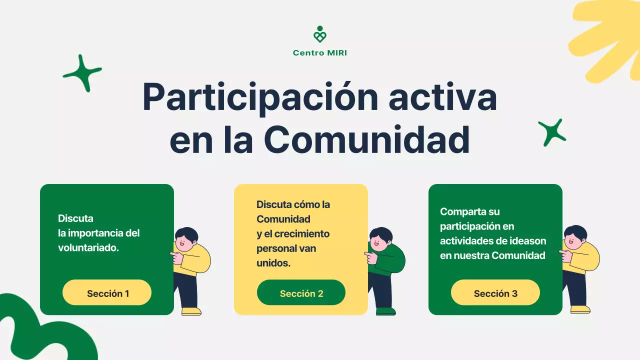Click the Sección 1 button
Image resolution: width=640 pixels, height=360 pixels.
tap(107, 293)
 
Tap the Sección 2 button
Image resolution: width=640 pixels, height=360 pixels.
tap(301, 293)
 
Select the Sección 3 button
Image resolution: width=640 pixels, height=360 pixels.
tap(495, 293)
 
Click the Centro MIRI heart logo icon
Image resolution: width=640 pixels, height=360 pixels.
tap(320, 35)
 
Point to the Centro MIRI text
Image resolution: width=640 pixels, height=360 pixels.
tap(320, 53)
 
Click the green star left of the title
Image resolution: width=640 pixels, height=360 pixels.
tap(82, 73)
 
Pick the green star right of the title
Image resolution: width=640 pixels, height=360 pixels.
tap(552, 132)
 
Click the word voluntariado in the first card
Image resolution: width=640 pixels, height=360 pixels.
tap(87, 247)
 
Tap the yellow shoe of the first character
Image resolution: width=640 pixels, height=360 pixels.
tap(191, 311)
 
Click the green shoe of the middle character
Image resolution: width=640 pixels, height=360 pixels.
tap(385, 311)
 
